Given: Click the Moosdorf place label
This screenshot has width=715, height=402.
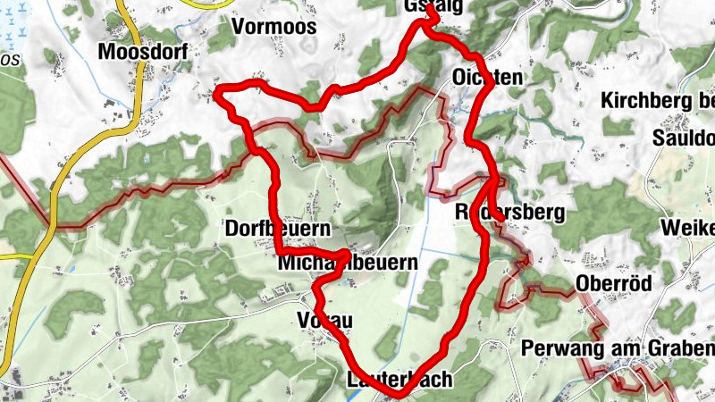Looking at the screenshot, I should [x=143, y=53].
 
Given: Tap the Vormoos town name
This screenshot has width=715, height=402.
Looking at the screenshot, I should [x=273, y=27].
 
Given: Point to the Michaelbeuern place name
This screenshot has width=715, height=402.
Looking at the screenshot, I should [x=348, y=264].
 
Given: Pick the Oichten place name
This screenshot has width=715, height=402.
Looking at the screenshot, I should [x=487, y=78].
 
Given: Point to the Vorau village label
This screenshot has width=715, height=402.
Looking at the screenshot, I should [x=323, y=321].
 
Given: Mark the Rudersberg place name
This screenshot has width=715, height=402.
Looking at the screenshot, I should [x=510, y=213].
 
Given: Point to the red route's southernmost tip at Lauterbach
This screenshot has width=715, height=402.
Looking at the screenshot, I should [x=398, y=393].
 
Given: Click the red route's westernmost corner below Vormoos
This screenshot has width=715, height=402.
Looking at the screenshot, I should [x=217, y=93].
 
